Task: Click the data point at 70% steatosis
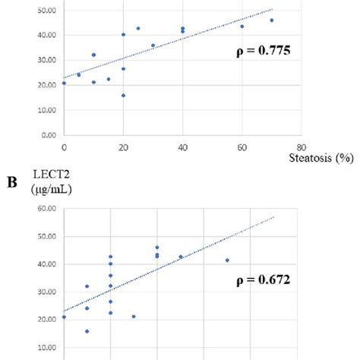pyautogui.click(x=271, y=21)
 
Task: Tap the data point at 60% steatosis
pyautogui.click(x=242, y=27)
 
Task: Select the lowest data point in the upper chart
pyautogui.click(x=123, y=96)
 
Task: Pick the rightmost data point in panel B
pyautogui.click(x=227, y=261)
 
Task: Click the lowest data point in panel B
pyautogui.click(x=87, y=331)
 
